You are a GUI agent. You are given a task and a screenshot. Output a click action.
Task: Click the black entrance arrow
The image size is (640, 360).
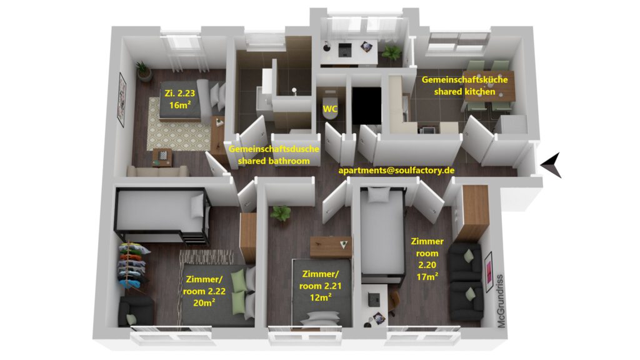[552, 165]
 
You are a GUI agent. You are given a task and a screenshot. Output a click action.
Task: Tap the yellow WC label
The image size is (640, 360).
[330, 109]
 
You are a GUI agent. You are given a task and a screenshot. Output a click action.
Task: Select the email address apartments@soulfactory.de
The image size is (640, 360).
[396, 170]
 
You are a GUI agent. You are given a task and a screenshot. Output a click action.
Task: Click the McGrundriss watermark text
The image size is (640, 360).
[501, 301]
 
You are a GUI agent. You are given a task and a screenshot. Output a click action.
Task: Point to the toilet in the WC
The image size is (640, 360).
[330, 107]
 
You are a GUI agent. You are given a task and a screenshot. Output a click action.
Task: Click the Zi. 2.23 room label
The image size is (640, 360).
[179, 93]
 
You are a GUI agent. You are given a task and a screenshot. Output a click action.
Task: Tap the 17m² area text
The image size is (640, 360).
[427, 277]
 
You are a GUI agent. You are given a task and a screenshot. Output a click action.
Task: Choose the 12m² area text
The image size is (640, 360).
[321, 297]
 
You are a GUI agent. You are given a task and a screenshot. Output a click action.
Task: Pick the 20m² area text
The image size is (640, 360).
[204, 303]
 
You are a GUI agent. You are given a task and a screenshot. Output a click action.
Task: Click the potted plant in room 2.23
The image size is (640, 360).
[143, 71]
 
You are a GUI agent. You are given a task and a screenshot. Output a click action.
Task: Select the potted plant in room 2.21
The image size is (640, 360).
[281, 213]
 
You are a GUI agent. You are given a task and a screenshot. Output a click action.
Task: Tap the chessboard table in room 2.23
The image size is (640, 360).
[162, 157]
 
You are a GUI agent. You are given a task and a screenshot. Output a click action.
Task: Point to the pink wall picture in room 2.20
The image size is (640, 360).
[487, 272]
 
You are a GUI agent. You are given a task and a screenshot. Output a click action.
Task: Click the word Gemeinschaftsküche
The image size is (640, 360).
[464, 79]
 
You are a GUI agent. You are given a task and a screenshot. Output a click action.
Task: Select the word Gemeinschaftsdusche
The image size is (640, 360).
[274, 149]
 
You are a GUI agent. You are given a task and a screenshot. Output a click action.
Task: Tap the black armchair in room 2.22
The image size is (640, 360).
[136, 311]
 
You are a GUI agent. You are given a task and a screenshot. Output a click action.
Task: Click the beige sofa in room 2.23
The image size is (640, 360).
[157, 171]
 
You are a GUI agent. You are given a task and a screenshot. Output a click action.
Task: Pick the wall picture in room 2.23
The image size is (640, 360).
[122, 99]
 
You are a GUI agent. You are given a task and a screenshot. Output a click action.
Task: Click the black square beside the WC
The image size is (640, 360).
[366, 105]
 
